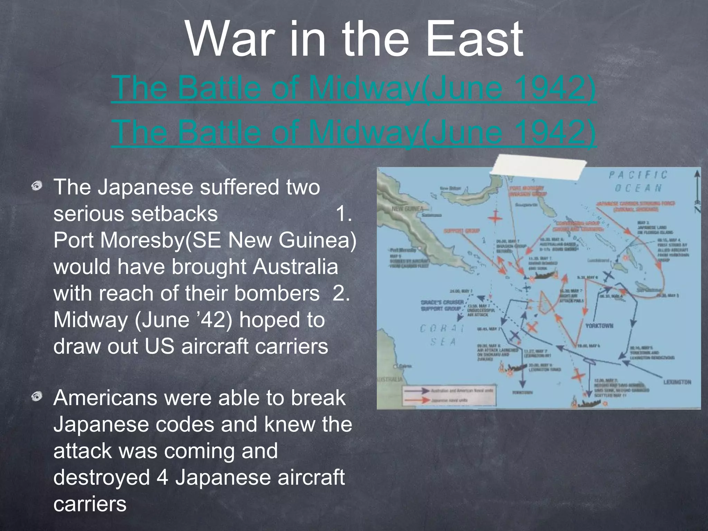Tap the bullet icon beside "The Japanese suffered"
click(37, 187)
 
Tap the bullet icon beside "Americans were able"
click(37, 397)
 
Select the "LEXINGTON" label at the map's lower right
click(677, 382)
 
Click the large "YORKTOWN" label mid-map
click(599, 326)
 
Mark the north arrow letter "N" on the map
click(697, 209)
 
